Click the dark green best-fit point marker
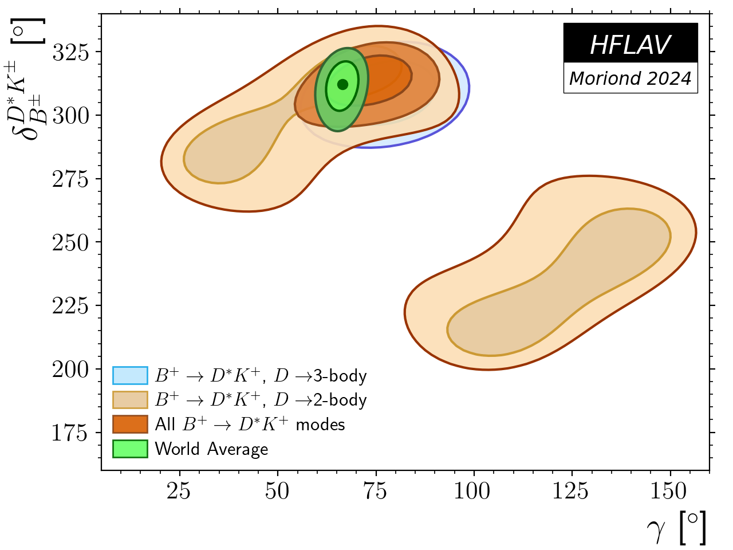pyautogui.click(x=342, y=85)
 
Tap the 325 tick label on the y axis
pyautogui.click(x=71, y=52)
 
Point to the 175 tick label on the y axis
pyautogui.click(x=71, y=433)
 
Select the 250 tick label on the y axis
pyautogui.click(x=71, y=242)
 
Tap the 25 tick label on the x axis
pyautogui.click(x=179, y=491)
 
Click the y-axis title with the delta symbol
pyautogui.click(x=29, y=80)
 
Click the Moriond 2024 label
pyautogui.click(x=630, y=78)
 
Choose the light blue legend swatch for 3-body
pyautogui.click(x=130, y=375)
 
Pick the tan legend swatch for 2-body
pyautogui.click(x=130, y=400)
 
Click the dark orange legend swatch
pyautogui.click(x=130, y=425)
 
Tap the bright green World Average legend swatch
pyautogui.click(x=130, y=449)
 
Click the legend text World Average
pyautogui.click(x=211, y=449)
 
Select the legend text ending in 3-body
pyautogui.click(x=261, y=376)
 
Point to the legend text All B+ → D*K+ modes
pyautogui.click(x=250, y=425)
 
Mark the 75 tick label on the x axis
pyautogui.click(x=376, y=491)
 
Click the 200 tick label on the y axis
pyautogui.click(x=71, y=370)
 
